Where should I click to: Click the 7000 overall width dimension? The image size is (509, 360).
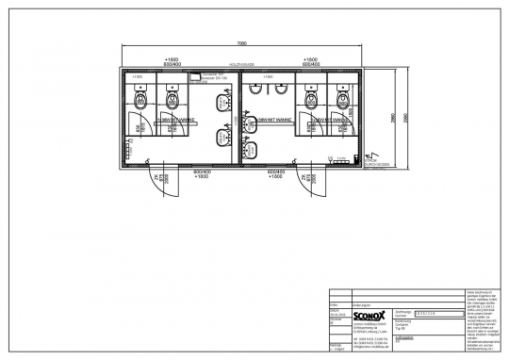coord(242,43)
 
